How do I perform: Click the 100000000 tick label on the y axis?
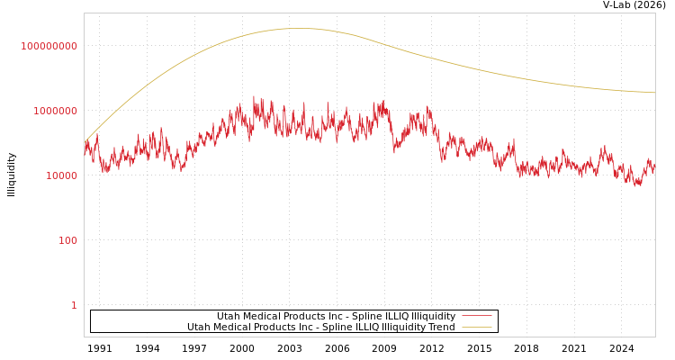tap(49, 46)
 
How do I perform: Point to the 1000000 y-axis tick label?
tap(56, 111)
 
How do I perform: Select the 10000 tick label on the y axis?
tap(62, 175)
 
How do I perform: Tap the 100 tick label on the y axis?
tap(68, 240)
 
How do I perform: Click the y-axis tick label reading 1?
tap(74, 305)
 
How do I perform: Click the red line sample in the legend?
tap(476, 316)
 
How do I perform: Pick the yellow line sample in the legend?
tap(476, 327)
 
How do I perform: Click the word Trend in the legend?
tap(441, 327)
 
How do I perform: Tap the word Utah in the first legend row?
tap(227, 316)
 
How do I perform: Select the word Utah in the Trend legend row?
tap(197, 327)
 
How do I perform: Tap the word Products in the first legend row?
tap(306, 316)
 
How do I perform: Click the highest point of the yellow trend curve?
tap(297, 28)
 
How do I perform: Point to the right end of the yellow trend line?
tap(654, 93)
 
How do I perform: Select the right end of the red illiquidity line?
tap(654, 166)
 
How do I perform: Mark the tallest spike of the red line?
tap(254, 96)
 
